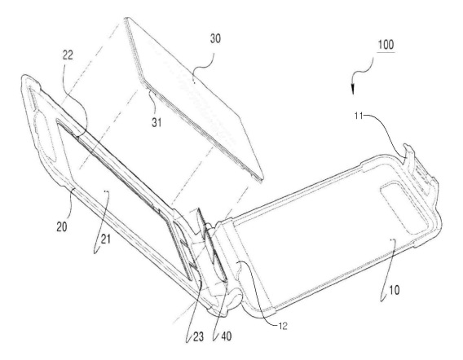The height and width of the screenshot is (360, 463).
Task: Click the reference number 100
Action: click(x=386, y=45)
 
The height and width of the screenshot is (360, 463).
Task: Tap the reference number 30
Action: click(x=215, y=38)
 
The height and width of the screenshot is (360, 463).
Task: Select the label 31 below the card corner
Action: click(x=157, y=122)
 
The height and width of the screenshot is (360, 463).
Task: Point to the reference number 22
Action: click(x=68, y=55)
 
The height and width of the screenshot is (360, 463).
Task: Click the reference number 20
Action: click(x=62, y=226)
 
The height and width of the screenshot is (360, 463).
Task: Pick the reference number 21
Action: click(x=105, y=239)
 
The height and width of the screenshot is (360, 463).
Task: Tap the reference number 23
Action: click(x=198, y=336)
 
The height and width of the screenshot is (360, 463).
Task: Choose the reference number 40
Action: click(x=226, y=336)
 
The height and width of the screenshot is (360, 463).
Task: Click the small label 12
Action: click(x=283, y=326)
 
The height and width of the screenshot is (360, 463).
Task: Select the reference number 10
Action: click(x=395, y=290)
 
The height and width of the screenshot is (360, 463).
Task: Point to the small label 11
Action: click(x=358, y=116)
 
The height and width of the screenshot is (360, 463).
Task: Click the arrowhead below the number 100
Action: click(x=353, y=90)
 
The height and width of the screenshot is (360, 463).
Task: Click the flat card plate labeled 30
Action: click(x=195, y=98)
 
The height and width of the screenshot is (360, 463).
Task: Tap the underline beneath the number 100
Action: click(x=386, y=52)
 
